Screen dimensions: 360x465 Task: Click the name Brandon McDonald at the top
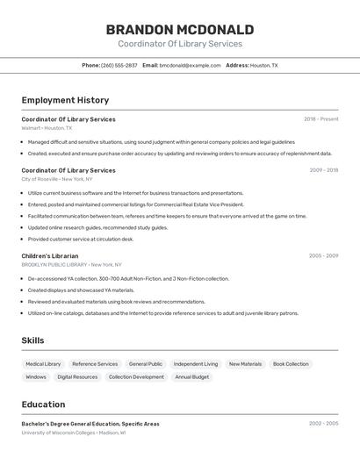click(x=179, y=30)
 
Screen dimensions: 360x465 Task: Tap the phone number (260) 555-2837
click(x=119, y=65)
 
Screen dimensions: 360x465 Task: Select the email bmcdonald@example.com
click(x=190, y=65)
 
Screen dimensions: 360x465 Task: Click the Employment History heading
click(x=65, y=100)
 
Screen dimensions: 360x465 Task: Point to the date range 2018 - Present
click(x=321, y=119)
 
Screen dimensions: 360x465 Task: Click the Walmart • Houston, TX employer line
click(x=47, y=128)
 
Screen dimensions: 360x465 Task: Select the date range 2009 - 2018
click(x=323, y=170)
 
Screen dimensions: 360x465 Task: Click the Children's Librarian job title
click(x=50, y=256)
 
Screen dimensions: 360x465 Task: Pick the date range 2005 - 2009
click(x=323, y=256)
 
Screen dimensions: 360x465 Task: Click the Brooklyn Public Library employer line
click(x=71, y=264)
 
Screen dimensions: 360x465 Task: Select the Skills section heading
click(x=32, y=340)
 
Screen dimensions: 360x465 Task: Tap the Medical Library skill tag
click(x=43, y=364)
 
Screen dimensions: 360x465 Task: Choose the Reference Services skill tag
click(x=95, y=364)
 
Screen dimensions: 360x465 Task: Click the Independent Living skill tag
click(x=196, y=364)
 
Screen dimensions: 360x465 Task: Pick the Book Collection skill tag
click(x=291, y=364)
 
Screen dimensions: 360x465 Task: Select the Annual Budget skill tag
click(x=192, y=377)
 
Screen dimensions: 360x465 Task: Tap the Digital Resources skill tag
click(x=77, y=377)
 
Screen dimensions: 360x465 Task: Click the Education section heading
click(x=43, y=404)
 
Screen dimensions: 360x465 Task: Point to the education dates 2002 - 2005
click(x=323, y=424)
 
